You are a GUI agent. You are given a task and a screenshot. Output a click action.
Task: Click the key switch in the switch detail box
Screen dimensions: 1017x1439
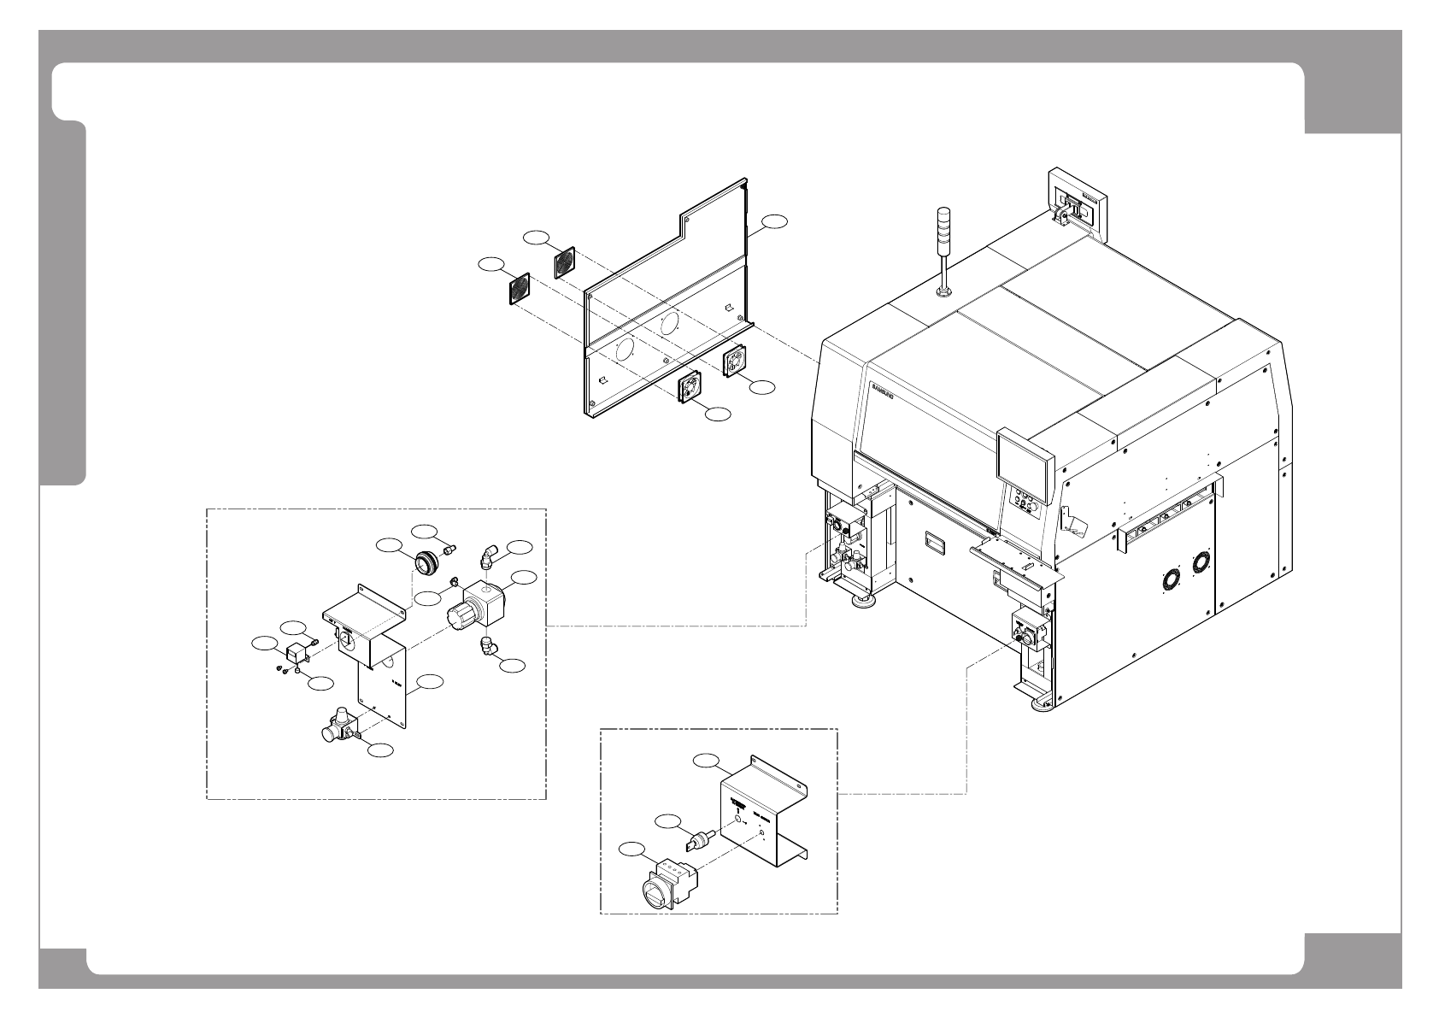[698, 839]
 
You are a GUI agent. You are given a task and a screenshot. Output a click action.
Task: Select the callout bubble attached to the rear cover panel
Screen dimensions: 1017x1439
[775, 220]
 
